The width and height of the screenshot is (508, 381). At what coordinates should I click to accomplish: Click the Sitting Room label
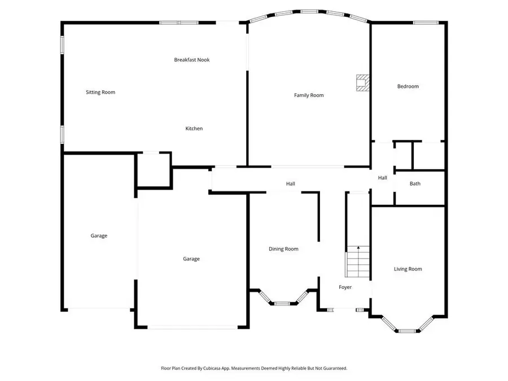point(100,92)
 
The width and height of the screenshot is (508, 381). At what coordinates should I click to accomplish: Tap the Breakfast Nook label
point(192,60)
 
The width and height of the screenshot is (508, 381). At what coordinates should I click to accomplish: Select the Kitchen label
point(194,129)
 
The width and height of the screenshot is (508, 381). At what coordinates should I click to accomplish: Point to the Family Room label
point(309,95)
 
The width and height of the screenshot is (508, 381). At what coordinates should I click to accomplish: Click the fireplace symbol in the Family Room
point(362,83)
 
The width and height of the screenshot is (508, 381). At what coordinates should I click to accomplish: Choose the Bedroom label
point(408,86)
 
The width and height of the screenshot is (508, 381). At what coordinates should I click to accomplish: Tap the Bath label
point(415,183)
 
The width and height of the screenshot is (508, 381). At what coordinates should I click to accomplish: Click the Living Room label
point(408,269)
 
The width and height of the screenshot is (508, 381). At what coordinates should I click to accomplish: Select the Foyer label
point(345,287)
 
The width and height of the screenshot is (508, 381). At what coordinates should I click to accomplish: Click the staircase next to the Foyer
point(357,262)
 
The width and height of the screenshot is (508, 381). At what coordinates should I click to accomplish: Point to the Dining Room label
point(283,249)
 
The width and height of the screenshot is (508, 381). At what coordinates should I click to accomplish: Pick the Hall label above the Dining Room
point(290,183)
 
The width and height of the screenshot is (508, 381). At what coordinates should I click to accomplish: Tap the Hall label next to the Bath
point(382,178)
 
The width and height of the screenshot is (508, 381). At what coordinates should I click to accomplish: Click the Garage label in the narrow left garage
point(99,236)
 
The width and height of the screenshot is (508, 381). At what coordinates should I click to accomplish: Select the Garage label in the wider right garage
point(191,259)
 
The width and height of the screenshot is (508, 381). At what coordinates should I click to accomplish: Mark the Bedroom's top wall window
point(426,23)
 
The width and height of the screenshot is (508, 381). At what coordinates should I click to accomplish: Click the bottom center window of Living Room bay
point(407,331)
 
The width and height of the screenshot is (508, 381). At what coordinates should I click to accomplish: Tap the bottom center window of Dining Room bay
point(282,304)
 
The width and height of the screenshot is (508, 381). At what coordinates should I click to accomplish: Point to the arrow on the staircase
point(358,248)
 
